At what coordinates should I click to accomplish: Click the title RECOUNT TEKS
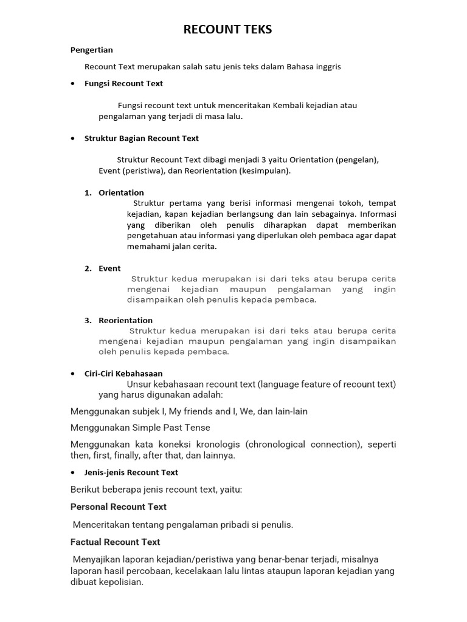[228, 29]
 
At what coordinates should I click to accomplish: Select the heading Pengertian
[92, 50]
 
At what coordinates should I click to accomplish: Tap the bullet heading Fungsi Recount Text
[123, 83]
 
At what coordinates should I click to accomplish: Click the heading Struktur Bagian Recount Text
[141, 138]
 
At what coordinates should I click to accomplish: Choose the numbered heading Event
[109, 268]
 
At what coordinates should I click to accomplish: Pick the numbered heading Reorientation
[125, 320]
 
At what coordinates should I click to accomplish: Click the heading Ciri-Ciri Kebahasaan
[123, 374]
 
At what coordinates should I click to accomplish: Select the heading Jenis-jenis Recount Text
[131, 472]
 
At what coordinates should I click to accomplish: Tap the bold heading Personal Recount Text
[119, 507]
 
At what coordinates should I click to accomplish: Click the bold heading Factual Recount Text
[116, 541]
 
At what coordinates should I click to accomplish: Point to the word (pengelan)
[357, 160]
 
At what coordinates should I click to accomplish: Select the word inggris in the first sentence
[327, 67]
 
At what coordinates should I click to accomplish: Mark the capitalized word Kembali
[294, 105]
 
